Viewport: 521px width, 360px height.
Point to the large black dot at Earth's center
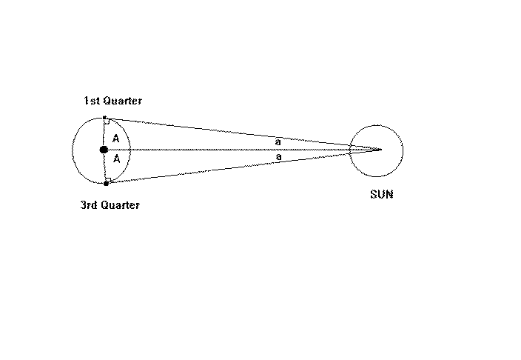104,150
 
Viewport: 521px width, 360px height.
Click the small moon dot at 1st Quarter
105,118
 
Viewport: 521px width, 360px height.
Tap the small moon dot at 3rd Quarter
106,183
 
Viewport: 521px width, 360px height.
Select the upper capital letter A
116,139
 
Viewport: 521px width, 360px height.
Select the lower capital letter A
116,159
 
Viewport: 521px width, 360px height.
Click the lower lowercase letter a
278,157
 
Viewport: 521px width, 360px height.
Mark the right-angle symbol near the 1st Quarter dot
108,122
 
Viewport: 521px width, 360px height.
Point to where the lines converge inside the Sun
380,150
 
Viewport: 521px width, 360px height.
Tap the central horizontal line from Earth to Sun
222,150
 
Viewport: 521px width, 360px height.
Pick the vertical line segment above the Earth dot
104,133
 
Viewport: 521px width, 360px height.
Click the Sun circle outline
403,150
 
